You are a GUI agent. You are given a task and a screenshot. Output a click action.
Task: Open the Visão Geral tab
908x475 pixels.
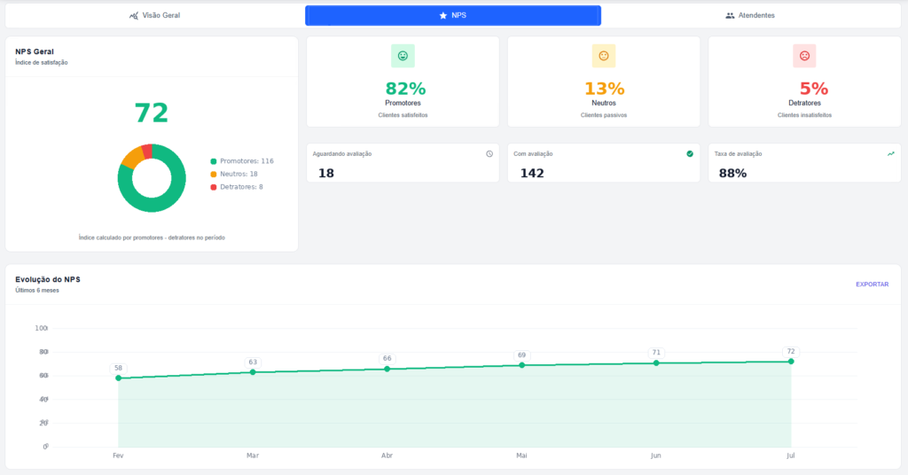point(154,16)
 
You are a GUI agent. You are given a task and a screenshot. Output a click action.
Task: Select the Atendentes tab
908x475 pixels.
point(750,16)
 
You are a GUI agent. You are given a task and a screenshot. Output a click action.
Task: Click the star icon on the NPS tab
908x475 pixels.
point(443,16)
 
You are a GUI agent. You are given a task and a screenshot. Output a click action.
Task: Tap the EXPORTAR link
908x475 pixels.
point(873,284)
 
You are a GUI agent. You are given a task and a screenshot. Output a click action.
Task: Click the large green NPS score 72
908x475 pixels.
point(152,113)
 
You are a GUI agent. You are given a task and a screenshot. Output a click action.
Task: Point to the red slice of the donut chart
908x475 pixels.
point(147,152)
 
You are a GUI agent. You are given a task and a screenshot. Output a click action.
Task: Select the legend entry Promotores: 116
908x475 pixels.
point(242,161)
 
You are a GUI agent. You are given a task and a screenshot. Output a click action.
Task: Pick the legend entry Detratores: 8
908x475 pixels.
point(237,187)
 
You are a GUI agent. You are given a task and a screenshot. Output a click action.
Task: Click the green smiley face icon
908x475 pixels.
point(403,56)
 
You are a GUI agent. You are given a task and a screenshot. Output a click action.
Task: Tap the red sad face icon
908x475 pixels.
point(804,56)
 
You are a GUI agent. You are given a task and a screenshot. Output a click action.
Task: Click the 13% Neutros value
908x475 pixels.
point(604,89)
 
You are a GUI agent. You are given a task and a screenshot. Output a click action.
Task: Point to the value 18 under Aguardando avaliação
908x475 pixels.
point(326,173)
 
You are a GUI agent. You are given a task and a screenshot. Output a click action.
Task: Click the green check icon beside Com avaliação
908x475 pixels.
point(690,154)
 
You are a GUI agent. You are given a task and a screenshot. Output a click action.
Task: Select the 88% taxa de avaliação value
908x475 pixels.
point(732,173)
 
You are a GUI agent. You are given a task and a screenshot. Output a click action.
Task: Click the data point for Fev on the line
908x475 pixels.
point(119,378)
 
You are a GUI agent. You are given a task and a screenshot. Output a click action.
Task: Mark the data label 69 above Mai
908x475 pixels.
point(521,355)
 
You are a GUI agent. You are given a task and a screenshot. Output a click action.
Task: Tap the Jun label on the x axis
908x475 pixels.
point(655,456)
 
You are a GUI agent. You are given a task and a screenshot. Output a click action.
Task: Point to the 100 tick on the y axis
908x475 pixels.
point(41,328)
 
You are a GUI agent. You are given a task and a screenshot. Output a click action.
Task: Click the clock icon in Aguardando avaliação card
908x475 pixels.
point(489,154)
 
